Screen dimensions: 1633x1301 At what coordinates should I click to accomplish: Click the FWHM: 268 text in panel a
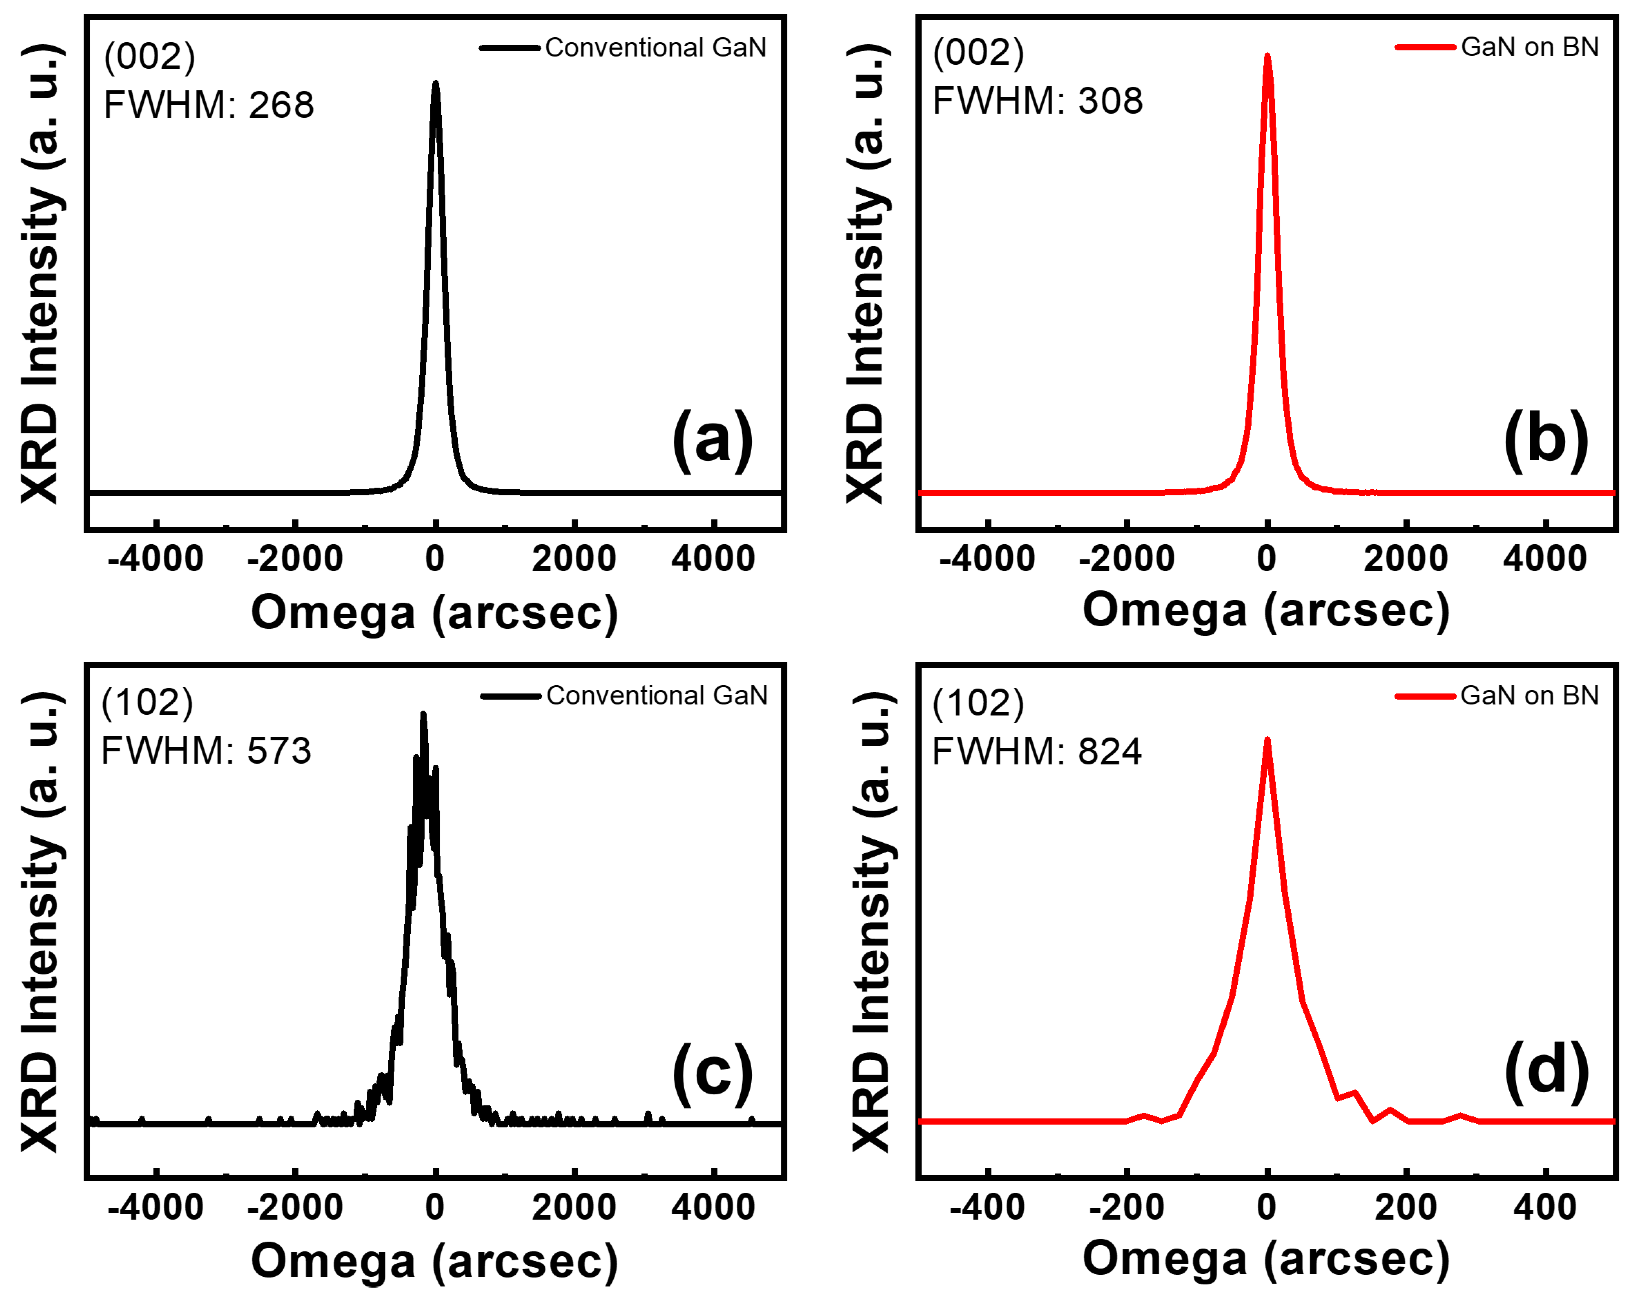tap(208, 105)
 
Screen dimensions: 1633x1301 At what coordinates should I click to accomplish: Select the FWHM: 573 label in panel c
tap(206, 751)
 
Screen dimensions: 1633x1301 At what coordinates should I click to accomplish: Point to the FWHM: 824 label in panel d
tap(1036, 751)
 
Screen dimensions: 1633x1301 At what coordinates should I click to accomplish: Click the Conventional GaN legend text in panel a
tap(655, 48)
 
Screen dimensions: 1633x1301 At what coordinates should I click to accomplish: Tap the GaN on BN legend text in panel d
tap(1529, 695)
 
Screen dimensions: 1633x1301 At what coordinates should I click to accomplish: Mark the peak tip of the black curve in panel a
tap(435, 83)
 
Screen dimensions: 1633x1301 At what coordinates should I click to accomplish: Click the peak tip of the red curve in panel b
tap(1267, 55)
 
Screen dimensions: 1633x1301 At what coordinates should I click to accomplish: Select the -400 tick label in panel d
tap(986, 1207)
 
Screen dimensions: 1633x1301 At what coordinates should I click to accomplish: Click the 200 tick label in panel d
tap(1406, 1207)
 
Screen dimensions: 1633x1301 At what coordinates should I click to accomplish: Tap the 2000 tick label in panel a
tap(573, 559)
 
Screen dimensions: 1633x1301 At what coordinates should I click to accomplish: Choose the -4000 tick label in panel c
tap(155, 1207)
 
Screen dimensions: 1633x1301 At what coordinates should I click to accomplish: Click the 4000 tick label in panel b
tap(1545, 559)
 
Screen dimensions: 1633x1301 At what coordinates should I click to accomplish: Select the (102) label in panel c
tap(148, 702)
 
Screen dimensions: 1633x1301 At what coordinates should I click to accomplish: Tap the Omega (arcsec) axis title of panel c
tap(435, 1262)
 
